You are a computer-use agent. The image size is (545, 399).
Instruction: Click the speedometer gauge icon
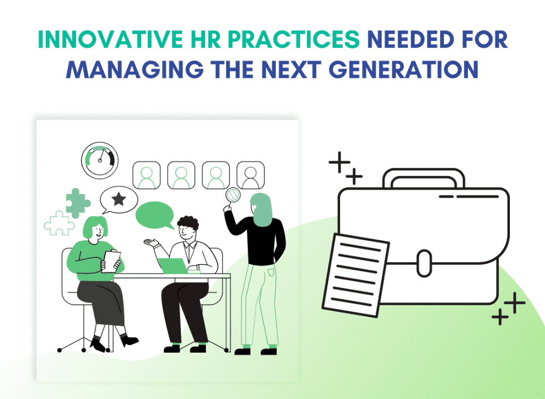[x=100, y=157]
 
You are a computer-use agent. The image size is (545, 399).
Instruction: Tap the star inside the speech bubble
[x=118, y=200]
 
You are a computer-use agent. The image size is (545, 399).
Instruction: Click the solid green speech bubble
[x=155, y=214]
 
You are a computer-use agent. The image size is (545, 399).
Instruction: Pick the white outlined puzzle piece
[x=59, y=223]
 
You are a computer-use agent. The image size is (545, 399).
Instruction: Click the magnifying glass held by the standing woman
[x=233, y=196]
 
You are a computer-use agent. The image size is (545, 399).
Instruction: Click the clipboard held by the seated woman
[x=112, y=261]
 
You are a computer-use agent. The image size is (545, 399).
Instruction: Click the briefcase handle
[x=424, y=178]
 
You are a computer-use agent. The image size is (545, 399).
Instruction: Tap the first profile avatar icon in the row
[x=146, y=175]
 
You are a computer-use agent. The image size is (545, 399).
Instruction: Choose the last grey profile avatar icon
[x=250, y=175]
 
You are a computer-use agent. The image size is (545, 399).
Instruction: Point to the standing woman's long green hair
[x=263, y=210]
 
